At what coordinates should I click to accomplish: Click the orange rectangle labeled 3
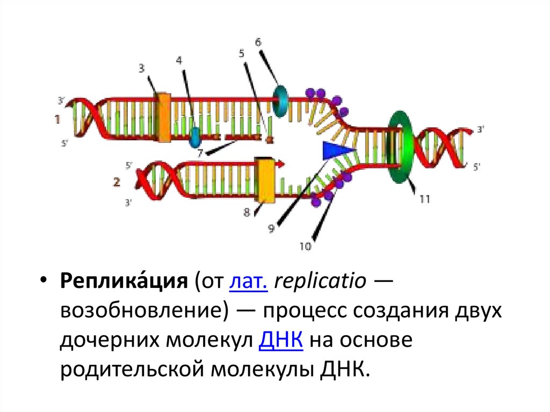pos(163,117)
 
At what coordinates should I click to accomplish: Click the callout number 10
pos(305,247)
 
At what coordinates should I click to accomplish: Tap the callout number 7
pos(200,153)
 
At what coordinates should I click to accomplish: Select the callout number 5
pos(241,53)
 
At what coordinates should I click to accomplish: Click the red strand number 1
pos(57,120)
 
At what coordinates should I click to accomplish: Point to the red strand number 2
pos(117,182)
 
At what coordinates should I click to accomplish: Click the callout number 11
pos(424,199)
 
